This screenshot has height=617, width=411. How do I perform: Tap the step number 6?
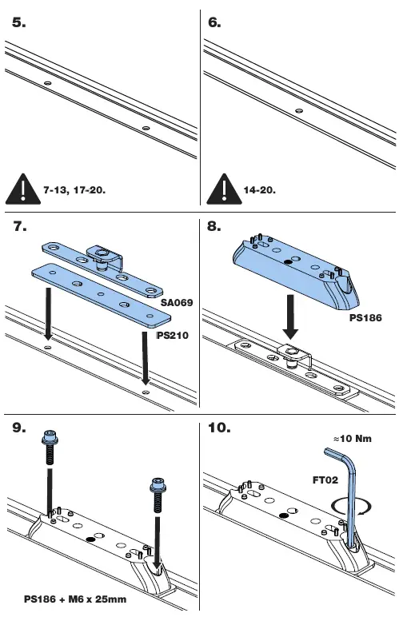click(214, 23)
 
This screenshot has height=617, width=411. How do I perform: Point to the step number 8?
click(214, 227)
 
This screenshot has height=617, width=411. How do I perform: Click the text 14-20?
click(260, 192)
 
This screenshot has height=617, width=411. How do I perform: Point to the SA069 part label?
click(177, 304)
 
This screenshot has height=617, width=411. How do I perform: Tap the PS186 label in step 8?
click(365, 317)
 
